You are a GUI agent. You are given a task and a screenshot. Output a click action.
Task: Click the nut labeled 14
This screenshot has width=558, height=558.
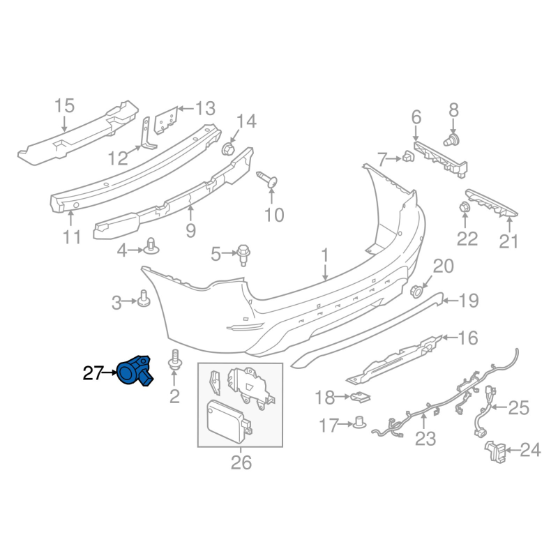227,150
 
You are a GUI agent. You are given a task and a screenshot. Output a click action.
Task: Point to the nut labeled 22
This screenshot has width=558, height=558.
465,209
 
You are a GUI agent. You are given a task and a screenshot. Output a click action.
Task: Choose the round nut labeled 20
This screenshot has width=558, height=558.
417,290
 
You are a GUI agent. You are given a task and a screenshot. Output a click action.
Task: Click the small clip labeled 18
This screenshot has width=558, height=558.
361,398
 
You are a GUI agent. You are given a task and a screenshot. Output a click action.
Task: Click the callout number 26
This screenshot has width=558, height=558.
241,462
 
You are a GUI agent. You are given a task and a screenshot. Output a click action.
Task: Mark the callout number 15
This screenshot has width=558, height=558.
64,106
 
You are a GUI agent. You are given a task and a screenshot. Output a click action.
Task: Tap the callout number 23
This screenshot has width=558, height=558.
425,439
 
